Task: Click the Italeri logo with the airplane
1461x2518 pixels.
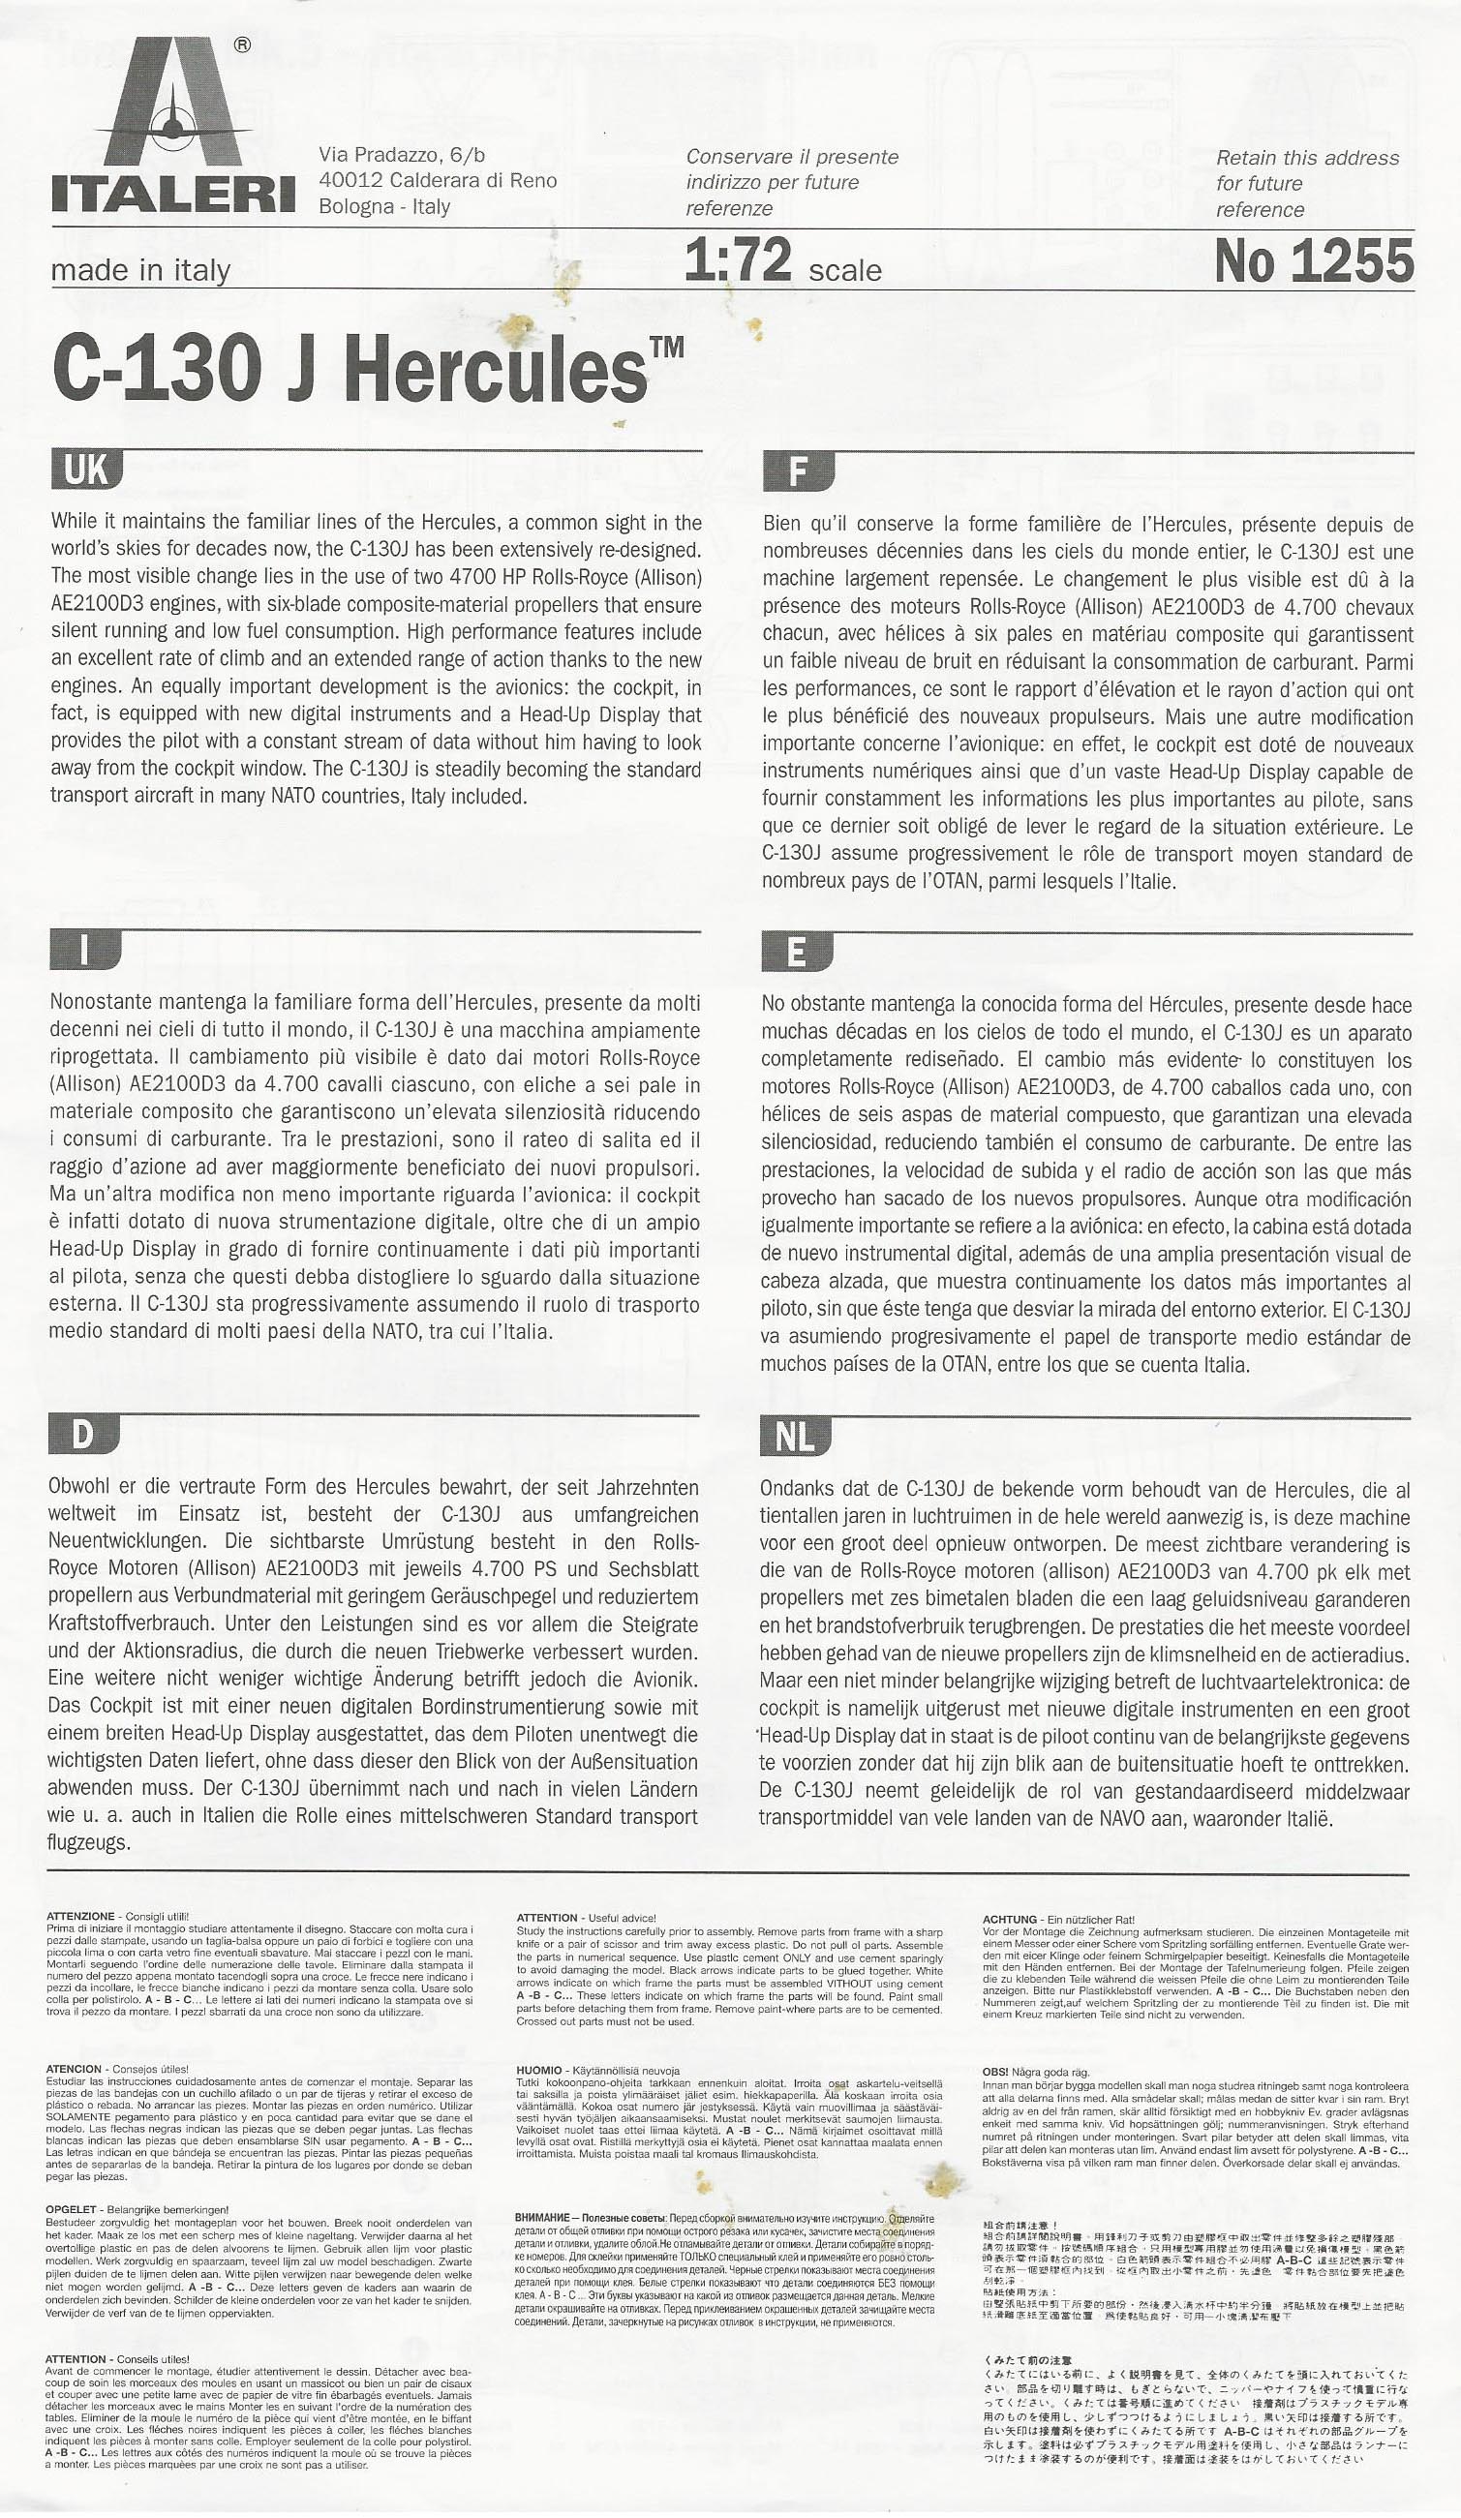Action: coord(173,125)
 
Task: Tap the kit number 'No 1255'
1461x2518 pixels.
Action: coord(1313,261)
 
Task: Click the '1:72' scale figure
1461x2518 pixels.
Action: coord(739,261)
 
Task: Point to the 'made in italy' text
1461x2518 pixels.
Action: coord(140,271)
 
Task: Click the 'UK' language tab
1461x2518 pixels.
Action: coord(86,470)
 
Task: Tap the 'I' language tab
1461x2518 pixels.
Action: coord(85,952)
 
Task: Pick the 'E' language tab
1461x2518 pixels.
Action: coord(797,954)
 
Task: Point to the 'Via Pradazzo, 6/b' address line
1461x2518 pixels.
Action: coord(402,155)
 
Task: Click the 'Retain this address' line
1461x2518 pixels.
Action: coord(1307,158)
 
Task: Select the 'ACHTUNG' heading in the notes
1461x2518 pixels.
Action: coord(1009,1920)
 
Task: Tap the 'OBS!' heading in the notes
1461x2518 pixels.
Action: coord(995,2073)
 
